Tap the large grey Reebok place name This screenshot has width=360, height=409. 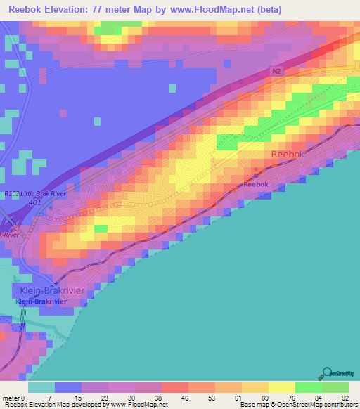click(287, 155)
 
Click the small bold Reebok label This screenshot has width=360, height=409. click(256, 184)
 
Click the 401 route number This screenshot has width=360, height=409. click(35, 202)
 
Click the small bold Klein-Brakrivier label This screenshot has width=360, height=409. click(41, 301)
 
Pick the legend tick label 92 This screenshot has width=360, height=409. click(344, 377)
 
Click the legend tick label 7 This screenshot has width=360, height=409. click(50, 377)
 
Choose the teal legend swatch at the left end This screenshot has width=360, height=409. click(41, 387)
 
